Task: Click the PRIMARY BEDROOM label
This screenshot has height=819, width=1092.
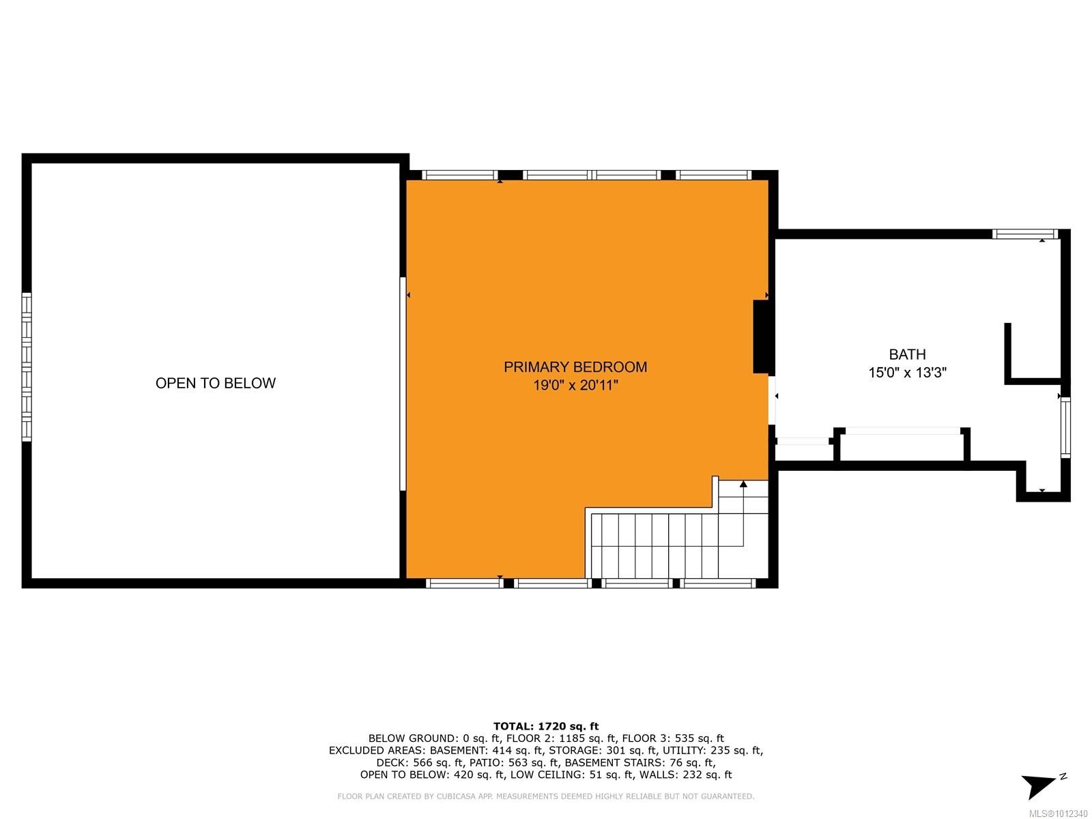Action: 575,367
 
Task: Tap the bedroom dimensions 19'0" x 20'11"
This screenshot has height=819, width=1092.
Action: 575,386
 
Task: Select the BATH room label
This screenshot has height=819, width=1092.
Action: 907,354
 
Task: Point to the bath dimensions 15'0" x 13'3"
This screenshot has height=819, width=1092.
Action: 907,373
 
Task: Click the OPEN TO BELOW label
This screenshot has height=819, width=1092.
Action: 216,384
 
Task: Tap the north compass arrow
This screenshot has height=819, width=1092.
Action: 1039,786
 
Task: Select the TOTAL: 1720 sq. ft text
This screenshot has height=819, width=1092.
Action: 546,726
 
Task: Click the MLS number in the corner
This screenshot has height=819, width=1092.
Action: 1059,814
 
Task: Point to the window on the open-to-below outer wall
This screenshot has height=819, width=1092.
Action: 27,367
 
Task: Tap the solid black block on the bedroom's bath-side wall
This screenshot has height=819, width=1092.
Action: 762,336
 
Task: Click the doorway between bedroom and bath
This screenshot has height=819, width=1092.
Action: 773,400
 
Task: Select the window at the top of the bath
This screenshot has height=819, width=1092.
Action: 1024,234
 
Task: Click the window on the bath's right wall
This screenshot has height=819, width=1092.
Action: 1065,428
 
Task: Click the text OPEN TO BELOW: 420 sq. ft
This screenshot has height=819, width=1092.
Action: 432,775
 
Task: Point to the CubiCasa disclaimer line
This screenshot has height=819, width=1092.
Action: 546,796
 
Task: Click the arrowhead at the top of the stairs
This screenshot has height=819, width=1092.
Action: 743,484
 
